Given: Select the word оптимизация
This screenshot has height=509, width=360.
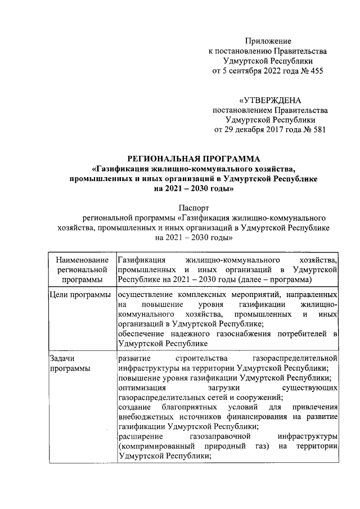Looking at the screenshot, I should click(142, 388).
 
